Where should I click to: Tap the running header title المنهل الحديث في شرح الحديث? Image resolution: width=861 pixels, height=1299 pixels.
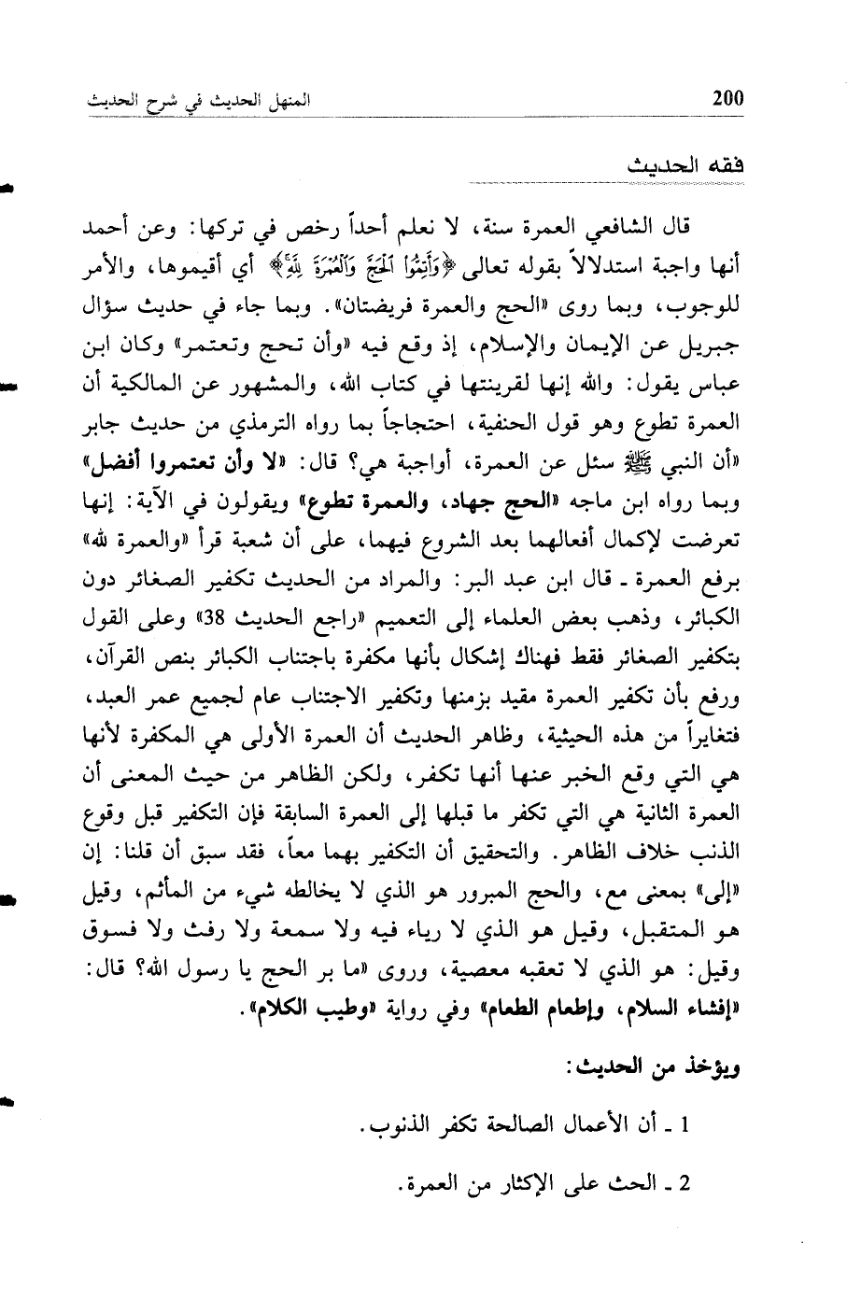click(194, 99)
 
